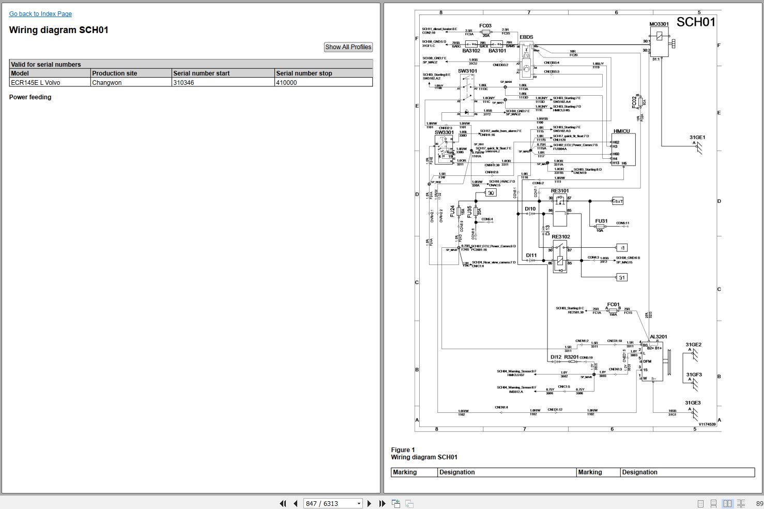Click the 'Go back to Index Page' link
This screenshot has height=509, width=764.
pos(40,14)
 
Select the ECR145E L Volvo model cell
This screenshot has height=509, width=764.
pos(36,83)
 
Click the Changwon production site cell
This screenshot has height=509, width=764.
pos(107,83)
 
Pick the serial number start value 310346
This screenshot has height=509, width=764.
pos(184,83)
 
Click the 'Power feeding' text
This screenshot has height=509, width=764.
pos(30,97)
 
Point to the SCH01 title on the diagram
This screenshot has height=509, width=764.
pos(696,22)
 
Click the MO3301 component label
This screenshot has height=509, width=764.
pos(659,24)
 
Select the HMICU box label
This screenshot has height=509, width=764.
pos(622,131)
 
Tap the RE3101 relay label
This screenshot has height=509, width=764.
pos(560,191)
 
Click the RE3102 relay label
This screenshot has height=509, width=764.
pos(561,237)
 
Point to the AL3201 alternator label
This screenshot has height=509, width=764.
pos(658,337)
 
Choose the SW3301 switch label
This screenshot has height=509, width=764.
pos(444,132)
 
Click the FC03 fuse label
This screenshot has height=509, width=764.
pos(485,26)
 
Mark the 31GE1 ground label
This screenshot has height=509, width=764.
pos(697,138)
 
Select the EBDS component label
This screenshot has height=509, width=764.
pos(526,37)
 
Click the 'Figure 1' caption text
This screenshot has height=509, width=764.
pos(403,450)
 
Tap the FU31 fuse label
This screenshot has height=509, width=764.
pos(601,221)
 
